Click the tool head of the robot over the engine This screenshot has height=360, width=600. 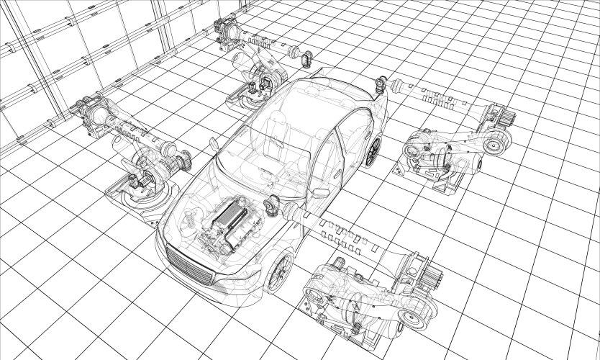pos(273,205)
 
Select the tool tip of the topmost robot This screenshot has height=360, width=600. pos(307,58)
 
